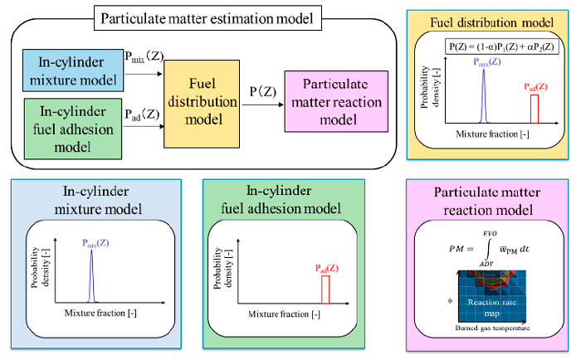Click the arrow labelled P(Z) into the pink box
click(x=258, y=98)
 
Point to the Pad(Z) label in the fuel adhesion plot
click(x=325, y=267)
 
